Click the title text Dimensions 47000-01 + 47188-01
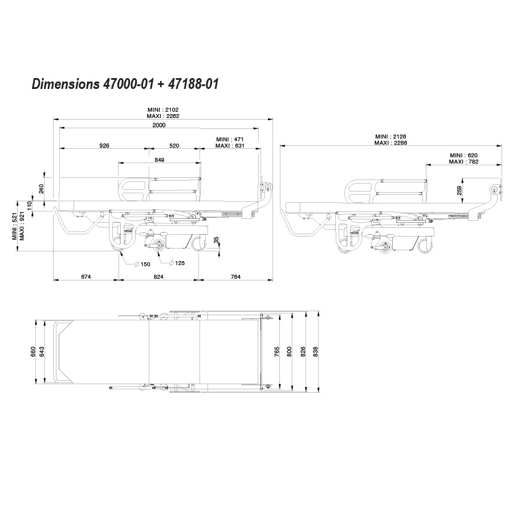pos(125,84)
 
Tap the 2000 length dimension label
pos(159,125)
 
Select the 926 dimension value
pos(104,145)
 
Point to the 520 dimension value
pos(174,145)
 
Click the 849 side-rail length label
pos(160,160)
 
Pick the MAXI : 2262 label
pos(163,116)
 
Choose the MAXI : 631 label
pos(230,145)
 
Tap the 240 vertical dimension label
pos(41,189)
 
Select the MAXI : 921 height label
pos(22,226)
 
